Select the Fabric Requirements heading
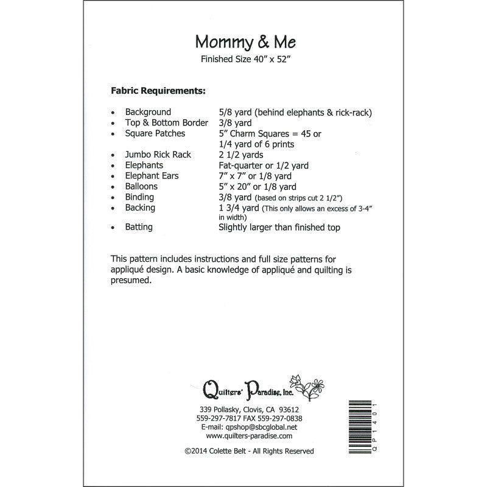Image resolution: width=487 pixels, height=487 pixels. click(158, 91)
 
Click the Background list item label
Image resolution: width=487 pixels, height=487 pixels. click(148, 112)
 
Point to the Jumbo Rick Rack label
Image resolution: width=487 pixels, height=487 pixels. click(158, 155)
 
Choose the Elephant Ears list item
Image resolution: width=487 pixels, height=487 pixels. click(154, 176)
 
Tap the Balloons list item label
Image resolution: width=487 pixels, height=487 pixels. click(141, 186)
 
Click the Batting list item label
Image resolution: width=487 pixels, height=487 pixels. click(139, 227)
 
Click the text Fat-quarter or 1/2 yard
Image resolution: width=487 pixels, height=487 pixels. click(264, 166)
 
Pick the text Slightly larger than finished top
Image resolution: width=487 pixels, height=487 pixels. click(279, 227)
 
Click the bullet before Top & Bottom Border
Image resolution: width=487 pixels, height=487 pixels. click(113, 123)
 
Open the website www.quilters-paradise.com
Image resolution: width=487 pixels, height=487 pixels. click(249, 436)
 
